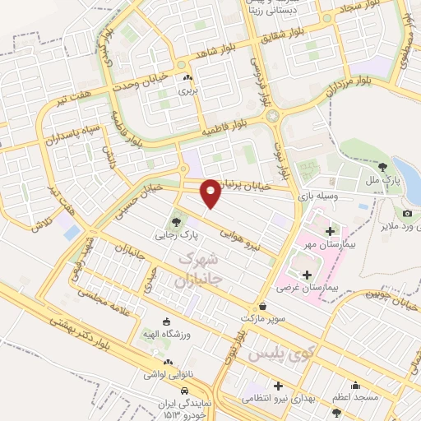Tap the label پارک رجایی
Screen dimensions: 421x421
coord(174,234)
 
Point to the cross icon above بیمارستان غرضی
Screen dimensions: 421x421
coord(308,275)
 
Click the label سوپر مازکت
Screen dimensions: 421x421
coord(262,317)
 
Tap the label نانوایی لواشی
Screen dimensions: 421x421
coord(168,374)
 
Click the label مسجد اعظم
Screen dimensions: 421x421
coord(355,397)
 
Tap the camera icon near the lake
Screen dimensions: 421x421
coord(407,214)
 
